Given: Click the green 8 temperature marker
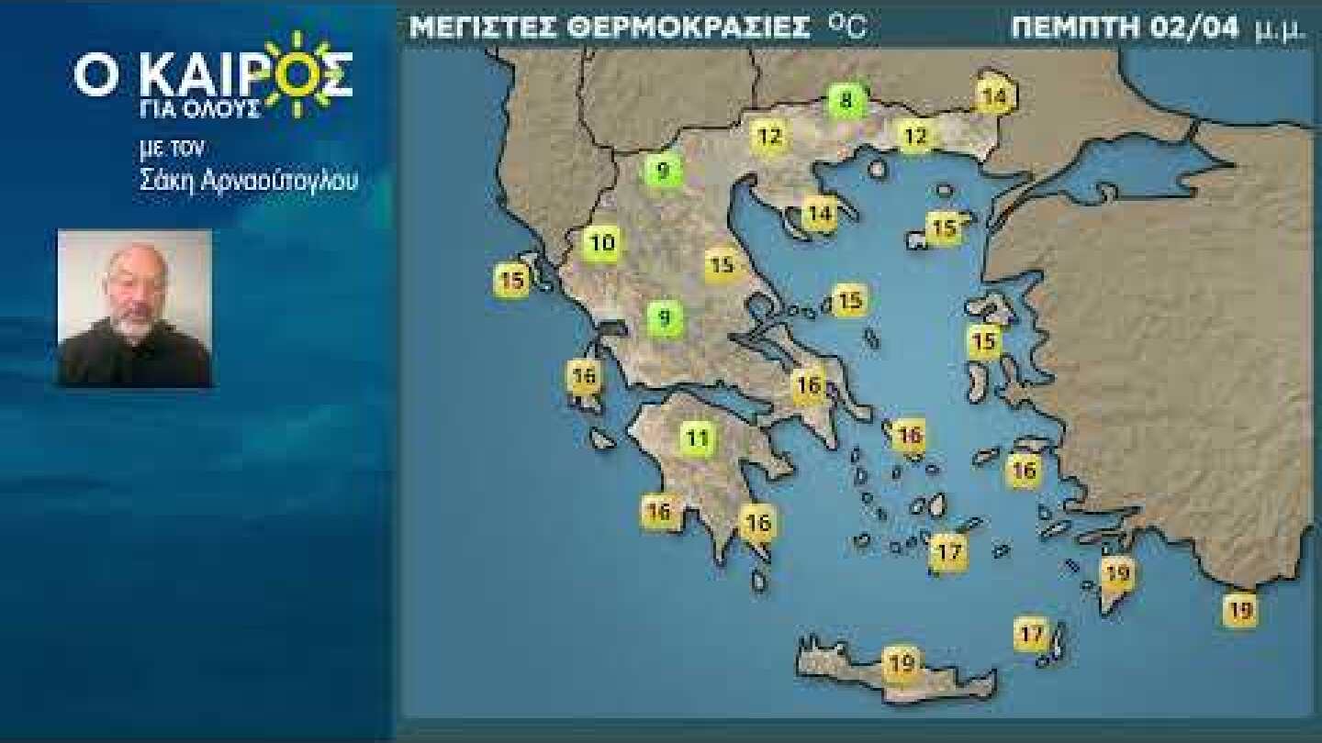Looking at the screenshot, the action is pos(846,100).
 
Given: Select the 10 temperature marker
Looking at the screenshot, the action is pos(602,243).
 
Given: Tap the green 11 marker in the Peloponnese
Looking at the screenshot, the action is pos(697,438).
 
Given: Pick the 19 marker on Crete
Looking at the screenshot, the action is pos(902,660).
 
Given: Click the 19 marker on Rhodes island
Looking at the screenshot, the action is pos(1116,575).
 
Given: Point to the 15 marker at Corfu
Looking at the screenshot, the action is pos(513,279).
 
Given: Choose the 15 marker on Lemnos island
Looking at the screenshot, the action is pos(943,227).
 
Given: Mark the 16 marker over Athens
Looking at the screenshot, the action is pos(809,385).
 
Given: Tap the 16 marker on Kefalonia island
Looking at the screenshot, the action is pos(584,375).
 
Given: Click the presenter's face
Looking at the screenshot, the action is pos(134,294).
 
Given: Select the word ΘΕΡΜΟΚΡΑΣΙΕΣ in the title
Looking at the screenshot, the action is pos(689,28).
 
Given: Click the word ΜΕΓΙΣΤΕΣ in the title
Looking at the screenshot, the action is pos(482,28).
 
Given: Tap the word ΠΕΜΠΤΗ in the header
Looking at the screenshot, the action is pos(1075,28).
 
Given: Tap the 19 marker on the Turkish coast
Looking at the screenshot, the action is pos(1239,609).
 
